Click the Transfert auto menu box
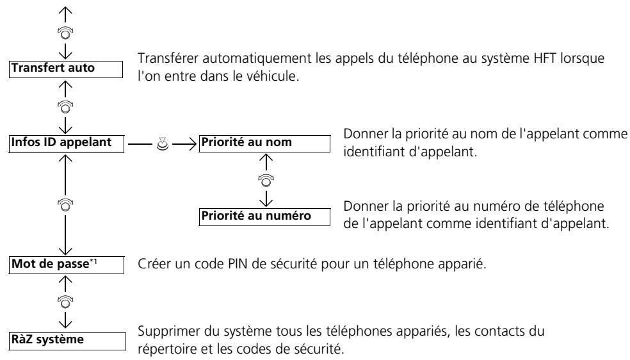click(66, 69)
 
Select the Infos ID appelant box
click(67, 144)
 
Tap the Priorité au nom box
click(264, 144)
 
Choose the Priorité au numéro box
click(264, 217)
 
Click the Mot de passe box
click(67, 265)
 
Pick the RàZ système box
click(67, 341)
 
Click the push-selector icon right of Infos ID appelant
click(163, 144)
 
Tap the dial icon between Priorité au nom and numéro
click(266, 181)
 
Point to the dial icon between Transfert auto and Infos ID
click(65, 107)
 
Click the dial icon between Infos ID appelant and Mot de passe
click(65, 204)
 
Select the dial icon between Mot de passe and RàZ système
click(65, 302)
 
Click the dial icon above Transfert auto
click(65, 33)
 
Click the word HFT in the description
click(545, 58)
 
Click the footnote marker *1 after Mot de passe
click(93, 261)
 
